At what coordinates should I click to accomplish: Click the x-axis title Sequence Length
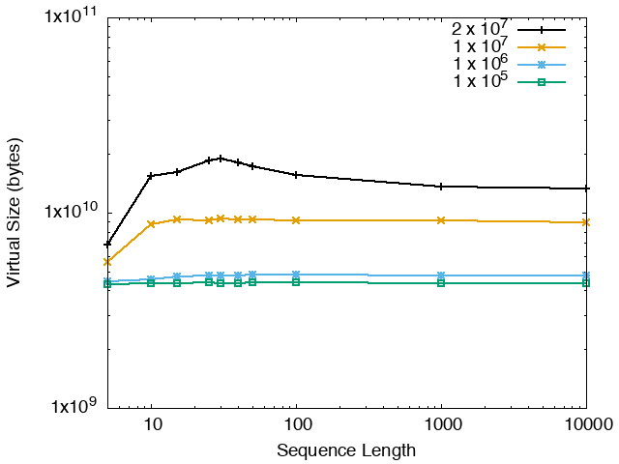pyautogui.click(x=346, y=450)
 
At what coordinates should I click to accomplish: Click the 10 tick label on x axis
pyautogui.click(x=151, y=425)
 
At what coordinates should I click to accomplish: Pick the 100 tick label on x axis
pyautogui.click(x=296, y=425)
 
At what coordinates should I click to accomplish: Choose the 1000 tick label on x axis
pyautogui.click(x=442, y=425)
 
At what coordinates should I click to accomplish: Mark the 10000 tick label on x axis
pyautogui.click(x=586, y=425)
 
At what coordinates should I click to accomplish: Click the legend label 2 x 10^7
pyautogui.click(x=480, y=29)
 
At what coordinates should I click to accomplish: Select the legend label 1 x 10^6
pyautogui.click(x=480, y=65)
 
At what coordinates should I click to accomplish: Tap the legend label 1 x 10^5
pyautogui.click(x=480, y=82)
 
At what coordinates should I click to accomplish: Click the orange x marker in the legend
pyautogui.click(x=542, y=47)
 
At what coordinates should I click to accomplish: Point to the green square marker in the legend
pyautogui.click(x=542, y=82)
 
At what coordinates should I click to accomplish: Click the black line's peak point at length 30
pyautogui.click(x=221, y=159)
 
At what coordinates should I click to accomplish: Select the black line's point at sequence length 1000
pyautogui.click(x=442, y=187)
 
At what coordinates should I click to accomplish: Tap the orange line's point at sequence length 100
pyautogui.click(x=296, y=220)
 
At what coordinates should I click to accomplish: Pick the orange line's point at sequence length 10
pyautogui.click(x=151, y=224)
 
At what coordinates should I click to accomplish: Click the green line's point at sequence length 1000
pyautogui.click(x=442, y=283)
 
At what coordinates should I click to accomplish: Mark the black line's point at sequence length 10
pyautogui.click(x=151, y=176)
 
